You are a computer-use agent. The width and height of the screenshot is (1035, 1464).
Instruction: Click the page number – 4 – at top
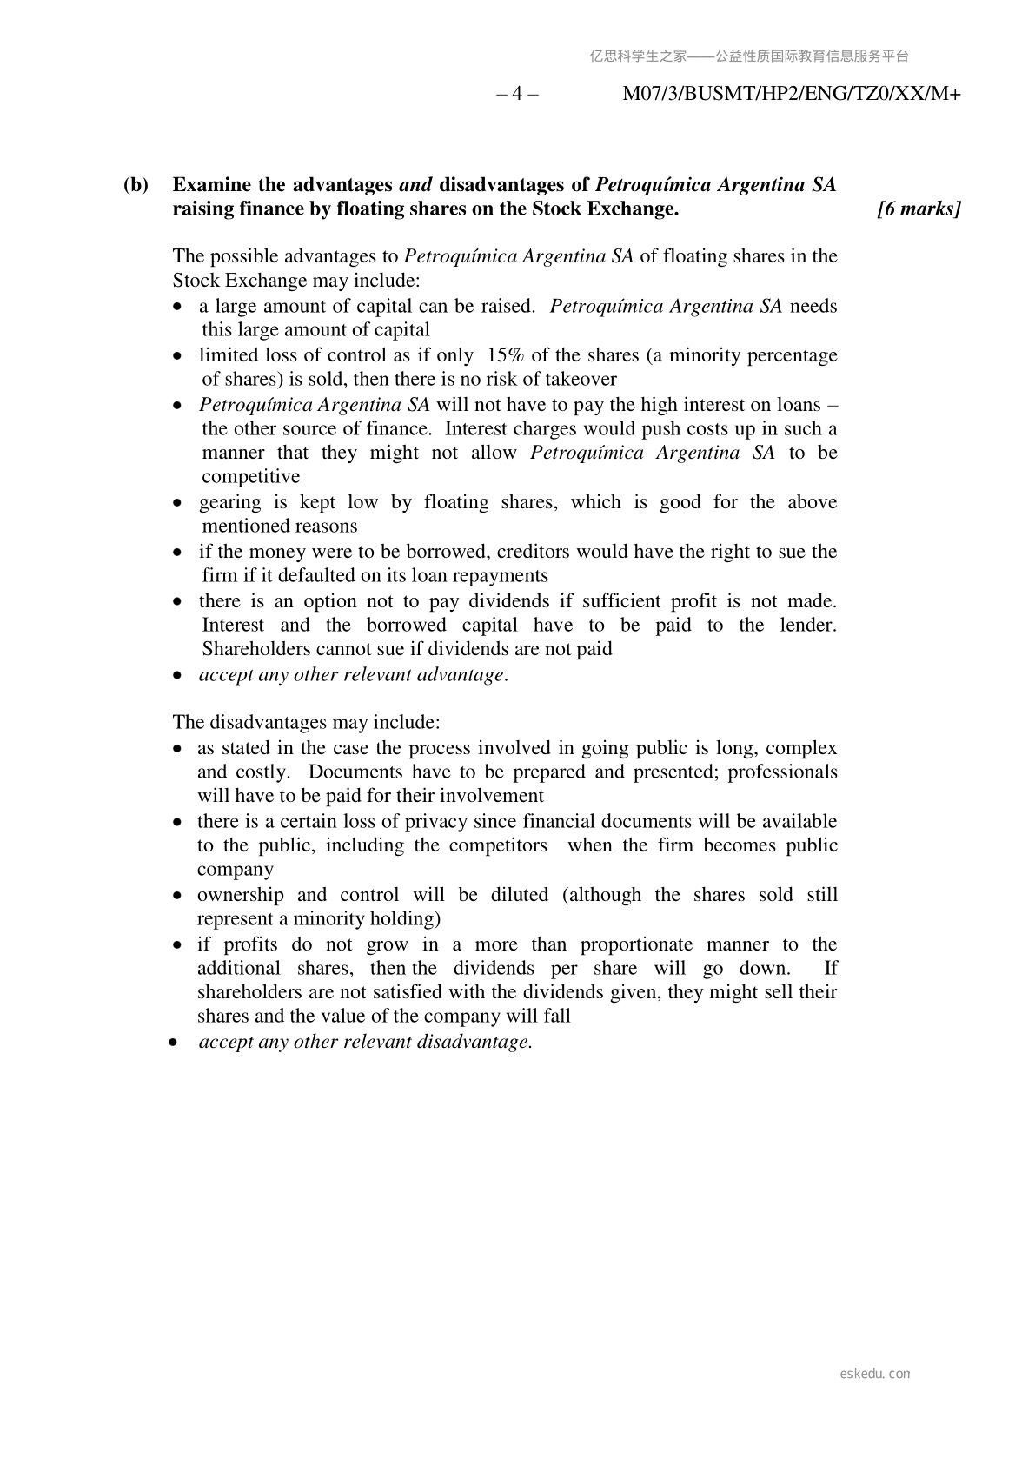517,94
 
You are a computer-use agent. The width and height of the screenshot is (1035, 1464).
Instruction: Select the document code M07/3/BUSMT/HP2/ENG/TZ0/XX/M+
791,94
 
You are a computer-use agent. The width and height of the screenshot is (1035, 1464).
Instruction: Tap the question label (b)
136,185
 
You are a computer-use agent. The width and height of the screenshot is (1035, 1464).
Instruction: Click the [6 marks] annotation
919,209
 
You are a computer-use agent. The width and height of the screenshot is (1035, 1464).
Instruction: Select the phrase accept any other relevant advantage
353,675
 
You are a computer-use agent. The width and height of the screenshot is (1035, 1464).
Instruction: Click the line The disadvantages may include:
307,723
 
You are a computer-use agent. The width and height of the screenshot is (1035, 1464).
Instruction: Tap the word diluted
519,895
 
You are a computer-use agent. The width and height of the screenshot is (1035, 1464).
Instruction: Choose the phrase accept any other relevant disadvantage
365,1042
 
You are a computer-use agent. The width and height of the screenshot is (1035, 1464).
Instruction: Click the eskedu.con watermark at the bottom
875,1374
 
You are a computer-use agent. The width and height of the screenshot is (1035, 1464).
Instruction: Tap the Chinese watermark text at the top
749,56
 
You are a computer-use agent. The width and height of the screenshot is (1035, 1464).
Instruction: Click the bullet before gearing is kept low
178,503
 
